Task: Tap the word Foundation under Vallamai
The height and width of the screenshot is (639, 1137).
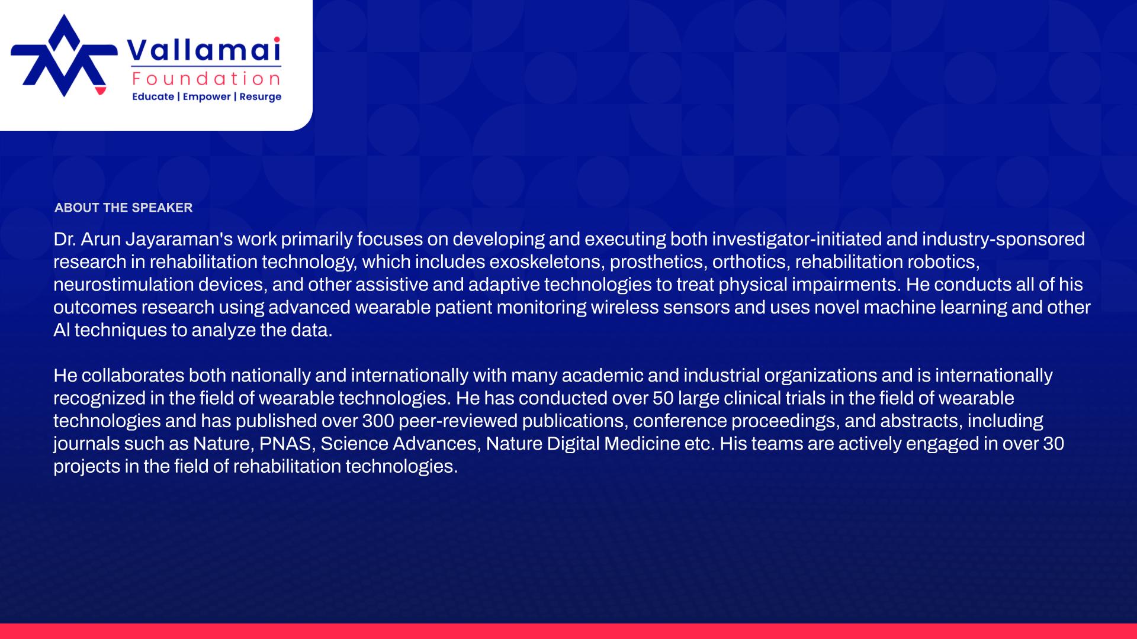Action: (206, 79)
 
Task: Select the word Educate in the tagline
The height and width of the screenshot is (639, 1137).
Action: (153, 96)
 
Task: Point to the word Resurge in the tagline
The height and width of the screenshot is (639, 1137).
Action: (260, 97)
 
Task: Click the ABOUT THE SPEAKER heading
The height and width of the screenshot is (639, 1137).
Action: (123, 208)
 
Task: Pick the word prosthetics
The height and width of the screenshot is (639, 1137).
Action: (659, 262)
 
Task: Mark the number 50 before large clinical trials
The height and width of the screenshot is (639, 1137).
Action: (663, 398)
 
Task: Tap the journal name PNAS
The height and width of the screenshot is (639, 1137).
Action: (285, 444)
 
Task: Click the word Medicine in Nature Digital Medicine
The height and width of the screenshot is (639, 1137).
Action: (642, 444)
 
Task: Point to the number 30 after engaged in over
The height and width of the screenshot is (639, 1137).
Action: (1054, 444)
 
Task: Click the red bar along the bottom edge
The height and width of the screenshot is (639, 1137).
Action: (568, 631)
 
